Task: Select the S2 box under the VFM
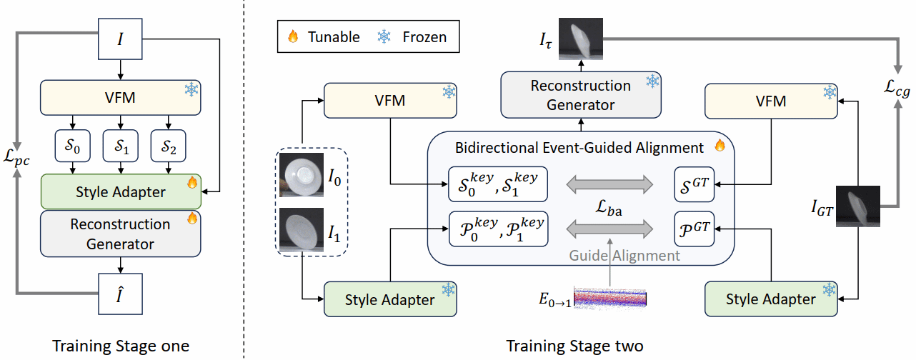[169, 148]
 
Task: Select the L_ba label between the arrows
[612, 208]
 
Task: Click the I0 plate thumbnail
[303, 173]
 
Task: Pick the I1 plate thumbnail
[303, 228]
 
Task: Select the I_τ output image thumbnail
[583, 40]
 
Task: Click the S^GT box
[694, 184]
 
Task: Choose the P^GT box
[694, 229]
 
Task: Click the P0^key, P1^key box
[497, 229]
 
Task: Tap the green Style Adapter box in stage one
[121, 191]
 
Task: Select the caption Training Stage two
[574, 346]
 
